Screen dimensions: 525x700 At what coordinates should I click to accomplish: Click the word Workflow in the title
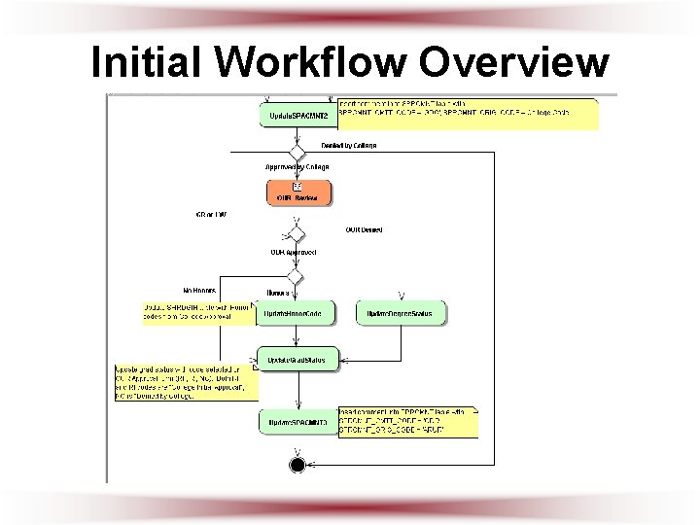click(312, 62)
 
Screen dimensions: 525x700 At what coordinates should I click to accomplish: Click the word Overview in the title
click(516, 62)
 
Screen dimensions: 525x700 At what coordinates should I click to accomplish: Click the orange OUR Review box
click(297, 192)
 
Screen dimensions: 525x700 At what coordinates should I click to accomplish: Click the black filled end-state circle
click(297, 465)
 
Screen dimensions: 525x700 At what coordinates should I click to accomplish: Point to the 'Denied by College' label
click(348, 146)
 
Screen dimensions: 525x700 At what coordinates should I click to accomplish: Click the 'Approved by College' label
click(297, 166)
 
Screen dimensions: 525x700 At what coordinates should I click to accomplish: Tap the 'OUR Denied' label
click(364, 230)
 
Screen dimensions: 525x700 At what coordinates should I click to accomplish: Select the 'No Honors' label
click(199, 290)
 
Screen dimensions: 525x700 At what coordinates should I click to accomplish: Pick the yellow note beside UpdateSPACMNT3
click(406, 422)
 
